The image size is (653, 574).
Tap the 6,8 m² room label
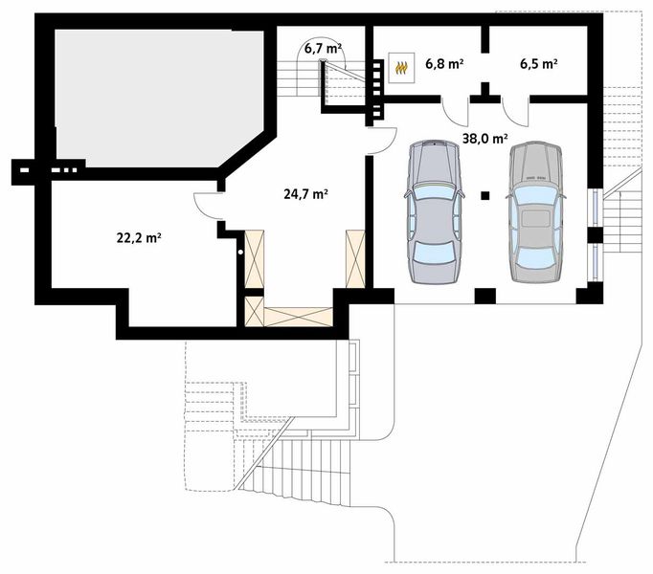pyautogui.click(x=443, y=65)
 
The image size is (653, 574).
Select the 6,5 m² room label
pyautogui.click(x=538, y=65)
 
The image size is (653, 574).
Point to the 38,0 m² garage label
pyautogui.click(x=484, y=138)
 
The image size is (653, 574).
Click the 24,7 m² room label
pyautogui.click(x=305, y=193)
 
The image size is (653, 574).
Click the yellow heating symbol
pyautogui.click(x=402, y=67)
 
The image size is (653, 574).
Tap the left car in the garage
pyautogui.click(x=434, y=212)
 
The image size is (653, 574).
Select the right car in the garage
pyautogui.click(x=534, y=212)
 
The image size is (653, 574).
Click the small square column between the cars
pyautogui.click(x=485, y=195)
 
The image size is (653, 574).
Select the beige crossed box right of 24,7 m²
pyautogui.click(x=355, y=258)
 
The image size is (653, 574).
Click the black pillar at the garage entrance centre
pyautogui.click(x=485, y=296)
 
